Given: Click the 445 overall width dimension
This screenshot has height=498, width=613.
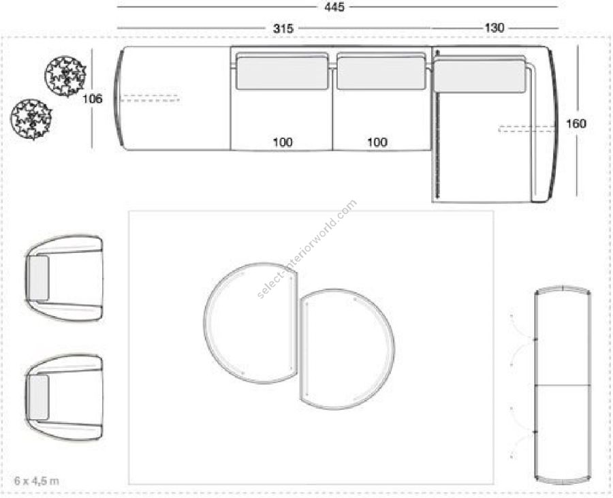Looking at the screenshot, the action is [x=334, y=7].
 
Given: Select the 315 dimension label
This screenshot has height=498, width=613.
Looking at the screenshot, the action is [x=283, y=29].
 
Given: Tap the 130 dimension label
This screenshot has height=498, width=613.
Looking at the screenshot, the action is [x=494, y=28].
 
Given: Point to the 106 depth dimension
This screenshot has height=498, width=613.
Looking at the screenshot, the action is [x=92, y=99].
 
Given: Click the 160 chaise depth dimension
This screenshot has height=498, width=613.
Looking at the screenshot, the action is [x=576, y=124].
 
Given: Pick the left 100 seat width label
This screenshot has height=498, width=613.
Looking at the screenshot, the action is [x=283, y=142].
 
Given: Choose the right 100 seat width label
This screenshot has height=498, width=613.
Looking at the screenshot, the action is [x=377, y=142].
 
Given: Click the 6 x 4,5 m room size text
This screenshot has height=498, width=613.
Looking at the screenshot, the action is [x=37, y=480].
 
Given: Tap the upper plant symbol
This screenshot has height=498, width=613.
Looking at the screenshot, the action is [x=65, y=76].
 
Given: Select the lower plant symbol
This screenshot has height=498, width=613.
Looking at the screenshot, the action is [x=31, y=119].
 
